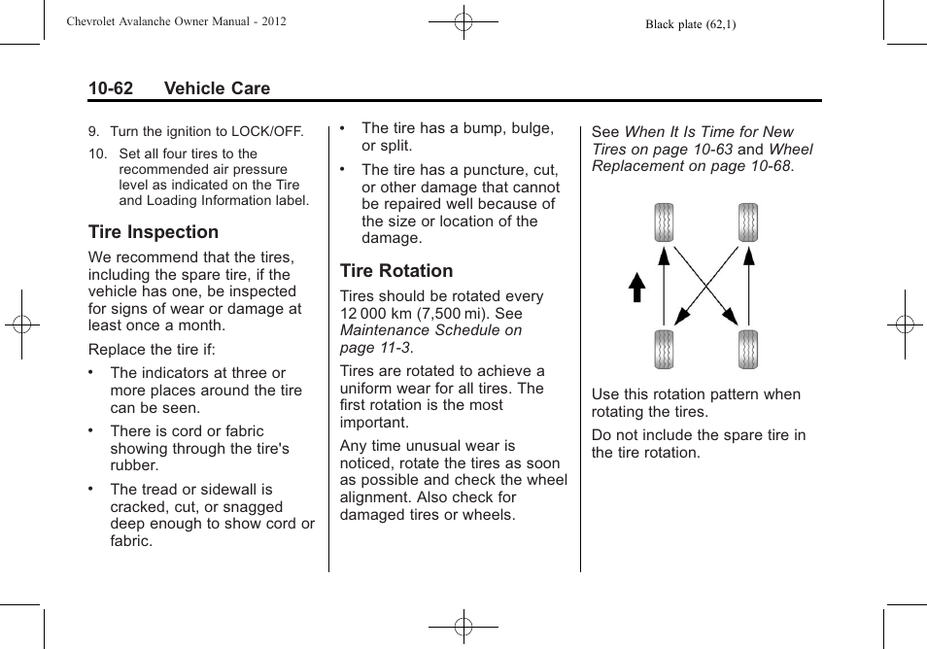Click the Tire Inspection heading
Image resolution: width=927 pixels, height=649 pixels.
153,232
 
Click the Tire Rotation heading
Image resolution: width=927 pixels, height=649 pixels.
395,271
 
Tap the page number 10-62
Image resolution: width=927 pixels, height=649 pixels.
110,88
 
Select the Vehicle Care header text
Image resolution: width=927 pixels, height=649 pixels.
217,88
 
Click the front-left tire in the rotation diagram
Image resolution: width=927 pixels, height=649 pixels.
664,222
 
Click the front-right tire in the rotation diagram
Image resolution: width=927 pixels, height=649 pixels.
747,222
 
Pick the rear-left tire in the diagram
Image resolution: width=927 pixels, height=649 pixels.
664,350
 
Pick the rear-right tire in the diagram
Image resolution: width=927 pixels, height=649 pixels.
747,350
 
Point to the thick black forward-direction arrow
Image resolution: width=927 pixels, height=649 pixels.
636,289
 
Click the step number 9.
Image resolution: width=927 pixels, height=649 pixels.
93,132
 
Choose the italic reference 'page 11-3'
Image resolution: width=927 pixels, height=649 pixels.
369,348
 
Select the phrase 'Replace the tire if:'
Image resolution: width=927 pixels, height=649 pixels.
152,349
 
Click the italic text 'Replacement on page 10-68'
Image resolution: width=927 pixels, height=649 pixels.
691,166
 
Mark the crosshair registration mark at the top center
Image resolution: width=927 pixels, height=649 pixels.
463,20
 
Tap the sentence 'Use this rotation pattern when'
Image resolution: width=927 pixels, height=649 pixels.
696,394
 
